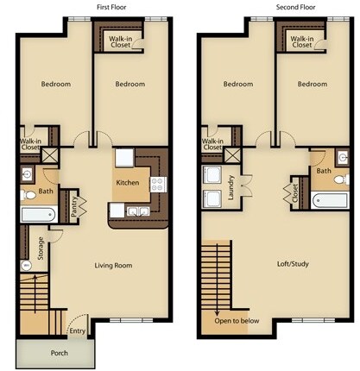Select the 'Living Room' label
tap(113, 266)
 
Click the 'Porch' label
tap(60, 352)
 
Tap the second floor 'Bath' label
tap(324, 171)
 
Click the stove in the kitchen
tap(158, 184)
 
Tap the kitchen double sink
tap(137, 211)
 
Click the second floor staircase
tap(218, 276)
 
